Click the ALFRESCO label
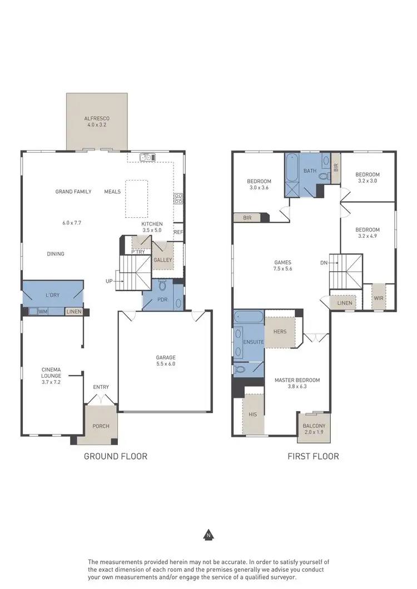pos(97,118)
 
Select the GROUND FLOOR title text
pos(116,456)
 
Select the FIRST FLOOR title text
pos(313,456)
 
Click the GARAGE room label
pos(166,357)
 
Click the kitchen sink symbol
pos(147,158)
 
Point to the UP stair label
pos(109,281)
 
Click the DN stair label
pos(324,263)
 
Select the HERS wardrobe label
pos(280,332)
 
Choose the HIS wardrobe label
pos(254,415)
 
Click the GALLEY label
pos(163,259)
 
